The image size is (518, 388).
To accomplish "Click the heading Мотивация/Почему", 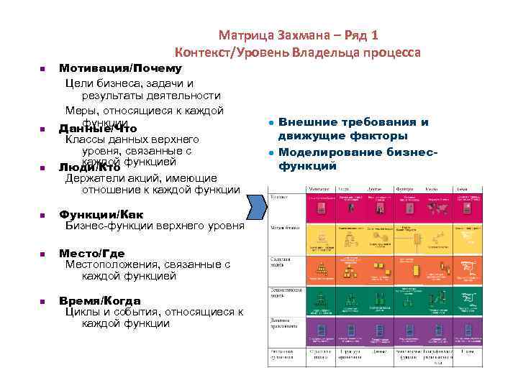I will click(120, 68).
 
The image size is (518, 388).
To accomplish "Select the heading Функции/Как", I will click(101, 214).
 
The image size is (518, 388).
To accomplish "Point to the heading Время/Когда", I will click(99, 300).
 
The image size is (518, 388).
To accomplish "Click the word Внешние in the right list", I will click(304, 122).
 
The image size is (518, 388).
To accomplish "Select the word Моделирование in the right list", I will click(323, 152).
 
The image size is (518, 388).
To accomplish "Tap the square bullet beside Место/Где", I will click(42, 254).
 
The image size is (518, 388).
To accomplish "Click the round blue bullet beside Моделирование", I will click(268, 153).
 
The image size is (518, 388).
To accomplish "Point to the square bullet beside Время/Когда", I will click(42, 300).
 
